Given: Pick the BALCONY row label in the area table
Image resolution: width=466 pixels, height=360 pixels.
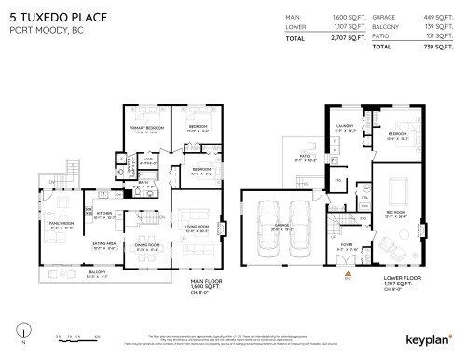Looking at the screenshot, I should coord(383,26).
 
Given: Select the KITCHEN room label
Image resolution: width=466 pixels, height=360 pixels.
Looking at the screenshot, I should coord(104,211).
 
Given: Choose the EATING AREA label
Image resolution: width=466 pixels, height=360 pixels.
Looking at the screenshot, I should coord(104,243).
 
